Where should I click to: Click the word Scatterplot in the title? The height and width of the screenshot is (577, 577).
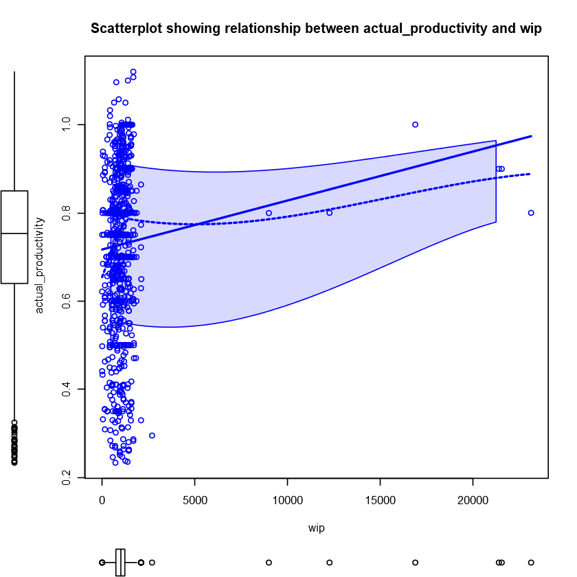point(124,29)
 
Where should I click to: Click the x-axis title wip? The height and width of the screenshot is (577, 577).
point(316,528)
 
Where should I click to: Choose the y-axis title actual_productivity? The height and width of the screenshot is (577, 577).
point(39,264)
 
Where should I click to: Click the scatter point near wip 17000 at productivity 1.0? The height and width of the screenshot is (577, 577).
point(415,124)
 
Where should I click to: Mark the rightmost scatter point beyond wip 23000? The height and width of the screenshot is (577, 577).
point(531,213)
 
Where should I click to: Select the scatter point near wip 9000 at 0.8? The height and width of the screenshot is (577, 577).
point(269,213)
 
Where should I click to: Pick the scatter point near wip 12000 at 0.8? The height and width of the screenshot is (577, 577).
point(329,213)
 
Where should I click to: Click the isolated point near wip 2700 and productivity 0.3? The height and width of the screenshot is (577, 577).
point(152,435)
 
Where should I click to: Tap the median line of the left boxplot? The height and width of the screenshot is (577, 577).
point(14,234)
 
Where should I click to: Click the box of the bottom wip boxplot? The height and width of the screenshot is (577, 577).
point(120,562)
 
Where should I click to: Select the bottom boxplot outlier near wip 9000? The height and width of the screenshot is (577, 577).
point(269,562)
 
